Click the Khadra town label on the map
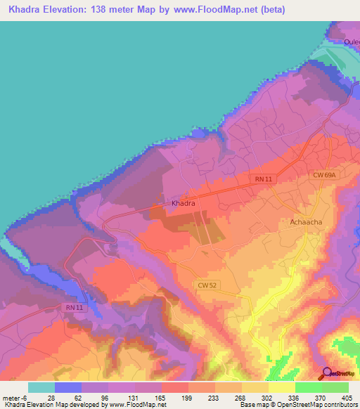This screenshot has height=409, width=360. click(183, 203)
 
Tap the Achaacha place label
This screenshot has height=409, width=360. click(306, 223)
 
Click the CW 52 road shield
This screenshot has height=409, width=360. click(207, 284)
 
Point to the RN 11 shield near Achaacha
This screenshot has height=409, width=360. click(264, 180)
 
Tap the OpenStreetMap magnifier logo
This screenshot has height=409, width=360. click(328, 373)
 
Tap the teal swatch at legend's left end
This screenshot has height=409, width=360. click(41, 387)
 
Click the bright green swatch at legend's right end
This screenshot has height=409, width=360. click(335, 387)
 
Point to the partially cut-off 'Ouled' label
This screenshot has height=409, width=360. click(352, 41)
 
